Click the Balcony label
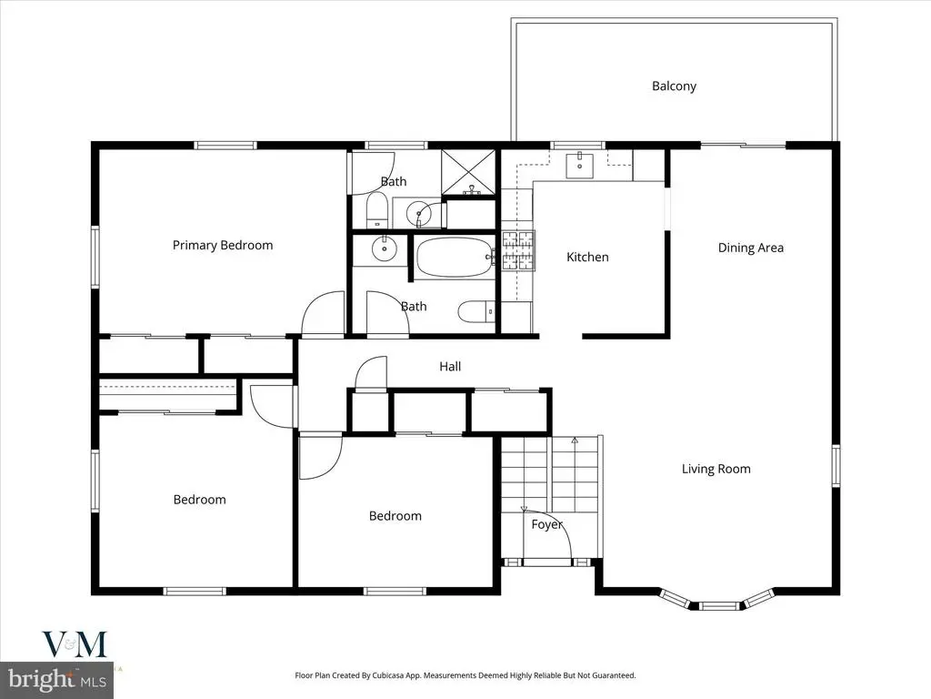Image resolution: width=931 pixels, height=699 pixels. click(x=674, y=86)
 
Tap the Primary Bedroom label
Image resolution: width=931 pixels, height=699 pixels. click(x=223, y=246)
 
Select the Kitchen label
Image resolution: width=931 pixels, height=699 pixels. click(x=587, y=257)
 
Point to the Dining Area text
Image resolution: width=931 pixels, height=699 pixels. click(x=750, y=248)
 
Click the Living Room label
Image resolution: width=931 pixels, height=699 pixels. click(x=716, y=469)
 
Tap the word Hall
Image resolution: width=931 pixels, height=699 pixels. click(x=450, y=367)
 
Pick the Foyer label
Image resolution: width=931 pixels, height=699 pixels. click(x=546, y=525)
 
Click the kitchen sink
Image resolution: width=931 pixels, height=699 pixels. click(x=579, y=165)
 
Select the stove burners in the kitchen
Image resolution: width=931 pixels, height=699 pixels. click(x=518, y=250)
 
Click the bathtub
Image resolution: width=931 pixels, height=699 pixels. click(x=455, y=257)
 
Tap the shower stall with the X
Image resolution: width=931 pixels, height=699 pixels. click(x=468, y=172)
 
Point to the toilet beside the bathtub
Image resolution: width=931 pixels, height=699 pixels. click(x=476, y=311)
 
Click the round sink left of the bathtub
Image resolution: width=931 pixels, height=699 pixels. click(x=385, y=248)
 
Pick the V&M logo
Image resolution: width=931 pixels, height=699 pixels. click(x=75, y=644)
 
